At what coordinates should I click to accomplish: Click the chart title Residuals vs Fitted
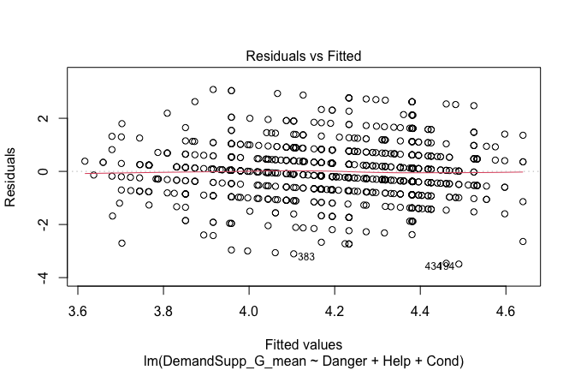tap(304, 56)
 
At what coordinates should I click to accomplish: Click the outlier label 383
tap(306, 257)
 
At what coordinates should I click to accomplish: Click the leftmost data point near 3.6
tap(85, 161)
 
